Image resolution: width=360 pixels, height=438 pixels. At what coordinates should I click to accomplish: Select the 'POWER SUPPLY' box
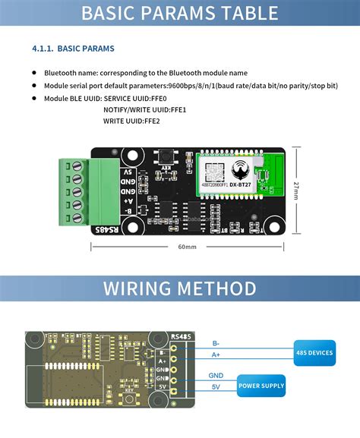point(262,386)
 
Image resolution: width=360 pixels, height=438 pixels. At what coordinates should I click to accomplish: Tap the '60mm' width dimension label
point(188,247)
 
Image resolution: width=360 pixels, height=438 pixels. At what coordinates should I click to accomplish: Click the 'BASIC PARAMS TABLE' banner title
point(179,13)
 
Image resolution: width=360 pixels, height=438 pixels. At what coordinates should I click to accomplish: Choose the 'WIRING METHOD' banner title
point(180,288)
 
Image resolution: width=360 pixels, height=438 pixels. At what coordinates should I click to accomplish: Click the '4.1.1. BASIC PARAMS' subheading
point(73,49)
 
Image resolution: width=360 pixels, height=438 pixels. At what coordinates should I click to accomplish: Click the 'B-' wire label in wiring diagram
point(216,343)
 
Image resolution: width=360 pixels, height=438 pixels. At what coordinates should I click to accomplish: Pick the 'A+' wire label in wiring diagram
point(216,354)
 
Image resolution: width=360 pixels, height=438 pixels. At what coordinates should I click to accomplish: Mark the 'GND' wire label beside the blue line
point(216,376)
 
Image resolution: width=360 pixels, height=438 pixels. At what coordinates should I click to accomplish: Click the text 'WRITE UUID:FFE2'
point(131,121)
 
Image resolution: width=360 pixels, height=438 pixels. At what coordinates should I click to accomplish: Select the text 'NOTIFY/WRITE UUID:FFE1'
point(145,109)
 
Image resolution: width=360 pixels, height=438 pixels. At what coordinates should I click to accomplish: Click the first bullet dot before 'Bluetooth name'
point(34,73)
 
